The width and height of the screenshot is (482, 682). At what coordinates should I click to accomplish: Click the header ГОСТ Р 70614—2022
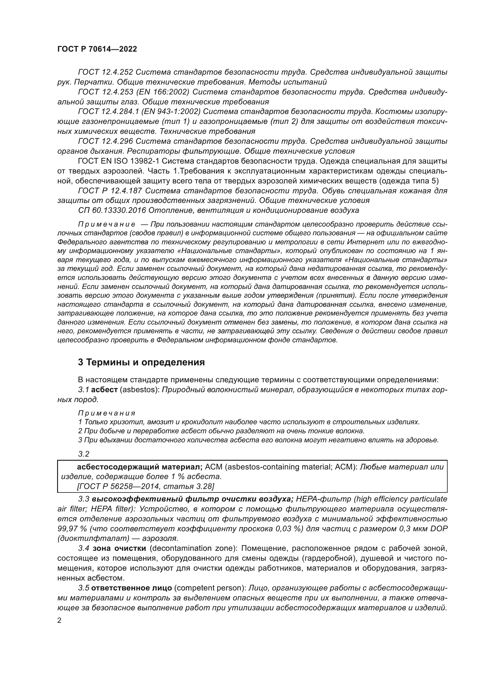(x=97, y=49)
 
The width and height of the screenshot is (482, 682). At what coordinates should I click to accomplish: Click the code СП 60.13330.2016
(x=112, y=210)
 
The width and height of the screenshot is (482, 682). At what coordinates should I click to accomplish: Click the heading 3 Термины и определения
(x=141, y=362)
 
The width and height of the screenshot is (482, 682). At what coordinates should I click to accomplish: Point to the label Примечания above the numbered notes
(x=107, y=413)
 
